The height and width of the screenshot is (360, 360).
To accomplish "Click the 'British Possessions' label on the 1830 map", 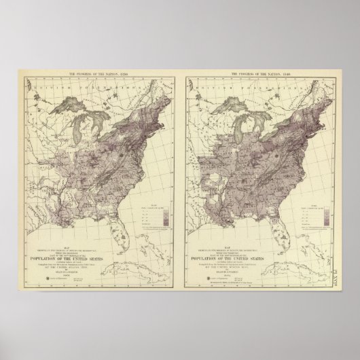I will pyautogui.click(x=95, y=90).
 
